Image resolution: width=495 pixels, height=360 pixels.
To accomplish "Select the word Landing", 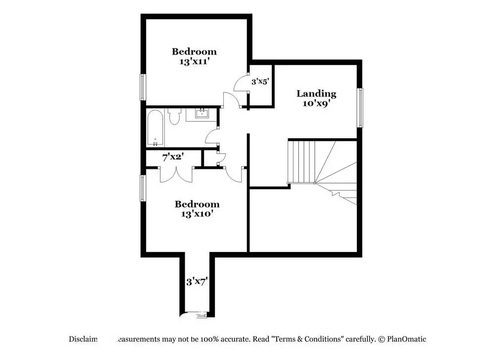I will click(x=316, y=94).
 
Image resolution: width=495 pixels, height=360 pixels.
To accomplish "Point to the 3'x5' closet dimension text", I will click(x=260, y=82).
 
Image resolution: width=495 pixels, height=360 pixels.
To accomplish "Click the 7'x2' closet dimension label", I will click(x=173, y=157).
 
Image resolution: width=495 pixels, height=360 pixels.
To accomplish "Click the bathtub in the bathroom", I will click(x=155, y=128).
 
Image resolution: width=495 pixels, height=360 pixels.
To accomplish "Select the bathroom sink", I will click(x=202, y=115).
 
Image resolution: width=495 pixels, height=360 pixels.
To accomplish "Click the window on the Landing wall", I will click(x=361, y=107).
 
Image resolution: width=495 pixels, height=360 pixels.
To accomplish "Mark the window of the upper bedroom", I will click(x=143, y=87).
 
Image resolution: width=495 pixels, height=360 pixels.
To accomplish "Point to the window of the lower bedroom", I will click(x=143, y=188).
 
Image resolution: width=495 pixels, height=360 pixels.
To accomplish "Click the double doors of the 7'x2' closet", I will click(x=176, y=175).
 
